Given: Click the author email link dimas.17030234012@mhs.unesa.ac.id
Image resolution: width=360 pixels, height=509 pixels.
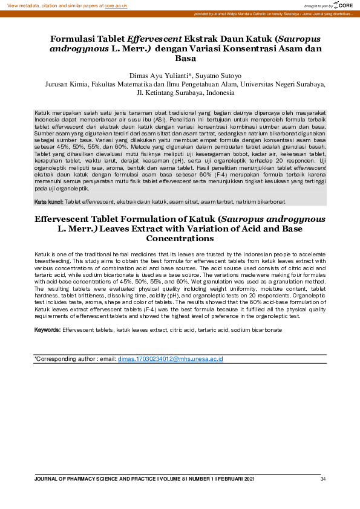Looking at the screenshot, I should click(170, 359).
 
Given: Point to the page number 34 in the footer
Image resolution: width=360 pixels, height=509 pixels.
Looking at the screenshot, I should click(323, 479).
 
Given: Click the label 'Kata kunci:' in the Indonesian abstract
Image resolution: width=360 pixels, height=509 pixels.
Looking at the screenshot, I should click(48, 201).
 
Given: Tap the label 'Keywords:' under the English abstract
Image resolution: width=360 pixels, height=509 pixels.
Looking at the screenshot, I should click(47, 330).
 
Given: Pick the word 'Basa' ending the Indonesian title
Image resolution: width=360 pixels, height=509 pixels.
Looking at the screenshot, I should click(185, 59).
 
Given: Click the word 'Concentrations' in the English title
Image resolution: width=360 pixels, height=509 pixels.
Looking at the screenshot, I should click(180, 239).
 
